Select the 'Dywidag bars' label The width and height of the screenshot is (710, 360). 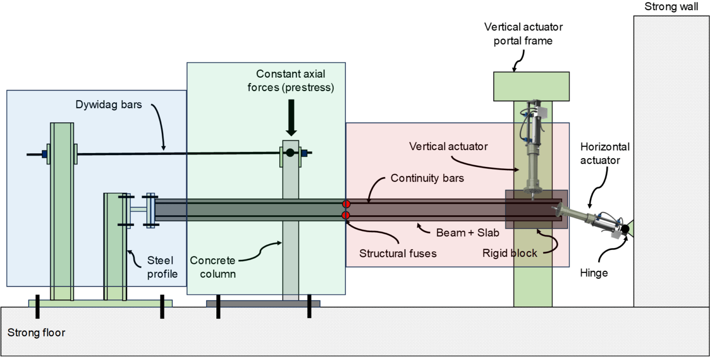click(x=109, y=105)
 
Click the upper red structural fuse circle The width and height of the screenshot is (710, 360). click(x=346, y=204)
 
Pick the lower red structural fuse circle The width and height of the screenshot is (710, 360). click(x=346, y=215)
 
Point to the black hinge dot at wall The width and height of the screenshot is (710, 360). click(x=625, y=228)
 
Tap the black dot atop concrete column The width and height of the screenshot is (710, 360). click(x=290, y=153)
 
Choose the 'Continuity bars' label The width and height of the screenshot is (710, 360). click(x=427, y=178)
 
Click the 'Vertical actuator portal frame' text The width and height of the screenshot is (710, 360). click(x=518, y=33)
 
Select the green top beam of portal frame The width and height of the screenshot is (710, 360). click(x=531, y=86)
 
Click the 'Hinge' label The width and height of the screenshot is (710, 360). click(x=594, y=274)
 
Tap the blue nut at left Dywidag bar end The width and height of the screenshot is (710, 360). click(x=45, y=154)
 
